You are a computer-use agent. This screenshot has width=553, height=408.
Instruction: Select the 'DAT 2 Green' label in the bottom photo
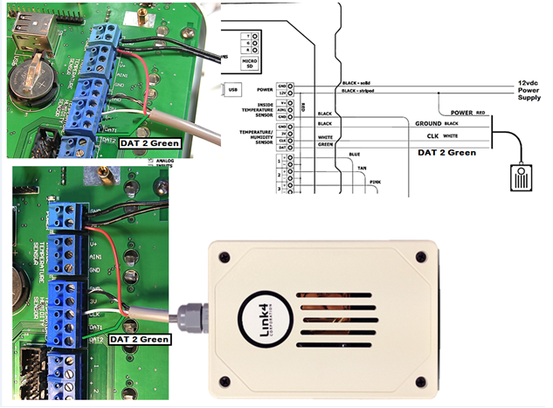tap(140, 337)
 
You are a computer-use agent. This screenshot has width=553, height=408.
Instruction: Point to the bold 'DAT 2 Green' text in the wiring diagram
tap(446, 153)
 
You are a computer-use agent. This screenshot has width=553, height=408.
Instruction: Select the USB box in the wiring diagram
tap(232, 88)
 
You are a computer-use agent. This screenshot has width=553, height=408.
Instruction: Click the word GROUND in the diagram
tap(425, 124)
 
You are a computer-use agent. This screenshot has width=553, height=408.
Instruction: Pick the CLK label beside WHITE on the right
tap(432, 135)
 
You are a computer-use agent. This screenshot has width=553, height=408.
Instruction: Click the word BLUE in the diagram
tap(354, 155)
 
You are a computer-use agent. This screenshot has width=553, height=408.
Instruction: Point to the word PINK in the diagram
tap(375, 182)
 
